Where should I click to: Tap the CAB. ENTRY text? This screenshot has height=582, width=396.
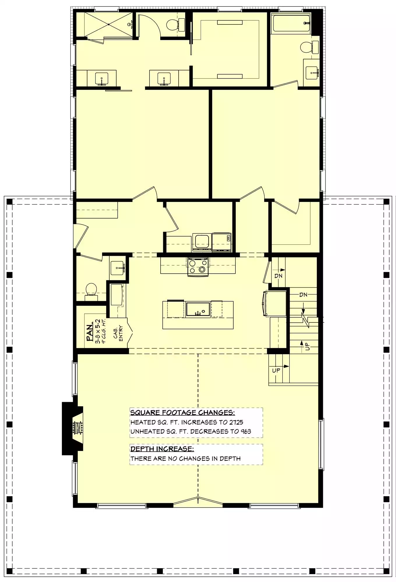tap(118, 333)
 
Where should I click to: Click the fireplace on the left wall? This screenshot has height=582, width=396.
tap(73, 428)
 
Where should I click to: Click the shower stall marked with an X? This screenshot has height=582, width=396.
tap(109, 25)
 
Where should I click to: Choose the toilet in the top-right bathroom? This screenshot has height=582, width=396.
tap(309, 47)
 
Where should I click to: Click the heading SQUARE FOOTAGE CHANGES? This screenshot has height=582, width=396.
tap(182, 412)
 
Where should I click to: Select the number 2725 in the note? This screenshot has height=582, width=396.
tap(236, 422)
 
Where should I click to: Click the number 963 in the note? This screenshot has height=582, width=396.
tap(246, 431)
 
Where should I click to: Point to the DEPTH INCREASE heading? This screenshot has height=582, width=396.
tap(162, 449)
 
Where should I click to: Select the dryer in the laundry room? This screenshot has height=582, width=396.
tap(221, 242)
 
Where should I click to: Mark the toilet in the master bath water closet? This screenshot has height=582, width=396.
tap(175, 25)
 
